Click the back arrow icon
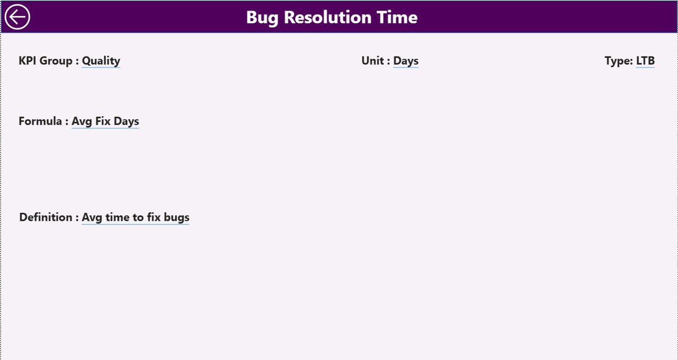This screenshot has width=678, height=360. point(17,17)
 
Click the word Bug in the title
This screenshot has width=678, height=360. point(262,18)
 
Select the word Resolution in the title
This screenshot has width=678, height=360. point(327,17)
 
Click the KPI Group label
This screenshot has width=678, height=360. point(49,61)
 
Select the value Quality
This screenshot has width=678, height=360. point(101,61)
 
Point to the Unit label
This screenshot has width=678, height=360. point(376,61)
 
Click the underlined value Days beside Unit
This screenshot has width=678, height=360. point(406,61)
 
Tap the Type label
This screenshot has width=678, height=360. point(619,61)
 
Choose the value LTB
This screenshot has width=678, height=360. point(645,61)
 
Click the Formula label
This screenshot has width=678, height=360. point(43,121)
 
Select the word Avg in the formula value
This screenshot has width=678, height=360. point(82,122)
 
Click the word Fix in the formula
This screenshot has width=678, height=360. point(103,121)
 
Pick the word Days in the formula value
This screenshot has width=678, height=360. point(127,122)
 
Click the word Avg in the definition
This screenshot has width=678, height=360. point(92,218)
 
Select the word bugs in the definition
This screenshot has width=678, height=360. point(177,218)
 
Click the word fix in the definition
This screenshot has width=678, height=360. point(154,217)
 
